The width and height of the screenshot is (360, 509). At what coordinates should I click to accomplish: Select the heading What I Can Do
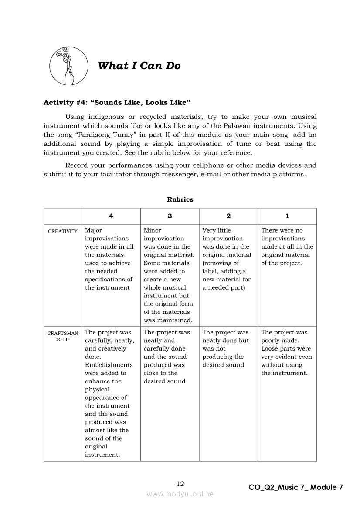(139, 66)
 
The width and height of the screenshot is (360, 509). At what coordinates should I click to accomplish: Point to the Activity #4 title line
(117, 102)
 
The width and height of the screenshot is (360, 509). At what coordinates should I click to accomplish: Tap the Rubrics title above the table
(180, 199)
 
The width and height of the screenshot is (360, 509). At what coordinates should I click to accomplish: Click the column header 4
(111, 216)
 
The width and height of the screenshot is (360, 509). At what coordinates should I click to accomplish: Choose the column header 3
(170, 216)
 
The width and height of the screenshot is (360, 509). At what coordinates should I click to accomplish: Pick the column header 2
(228, 216)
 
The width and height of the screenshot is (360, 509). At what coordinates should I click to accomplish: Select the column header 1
(287, 216)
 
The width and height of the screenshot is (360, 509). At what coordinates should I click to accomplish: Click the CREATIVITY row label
(63, 231)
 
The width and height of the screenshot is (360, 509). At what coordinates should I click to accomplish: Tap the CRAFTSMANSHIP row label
(63, 336)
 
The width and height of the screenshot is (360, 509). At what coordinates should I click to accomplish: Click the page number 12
(180, 484)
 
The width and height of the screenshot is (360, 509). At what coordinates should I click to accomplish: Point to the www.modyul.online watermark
(180, 494)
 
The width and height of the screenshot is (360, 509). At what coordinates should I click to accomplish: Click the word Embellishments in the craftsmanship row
(109, 365)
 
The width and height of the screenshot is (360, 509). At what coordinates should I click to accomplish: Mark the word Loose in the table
(270, 349)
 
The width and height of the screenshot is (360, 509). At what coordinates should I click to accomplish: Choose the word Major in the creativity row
(94, 230)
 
